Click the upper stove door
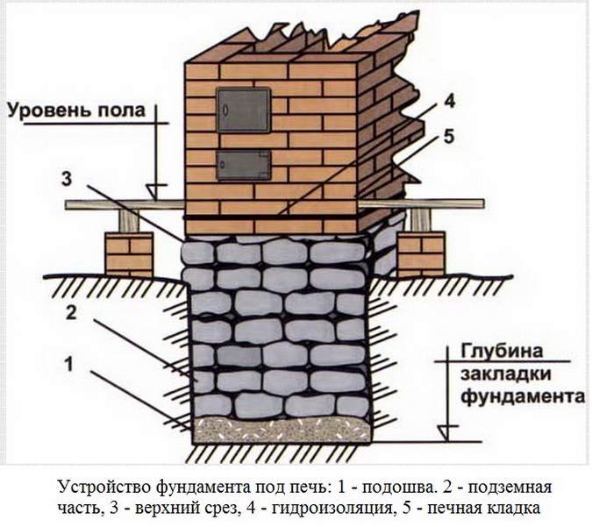point(242,110)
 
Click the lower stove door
point(242,164)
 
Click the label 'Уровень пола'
point(79,111)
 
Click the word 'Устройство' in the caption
point(102,485)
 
